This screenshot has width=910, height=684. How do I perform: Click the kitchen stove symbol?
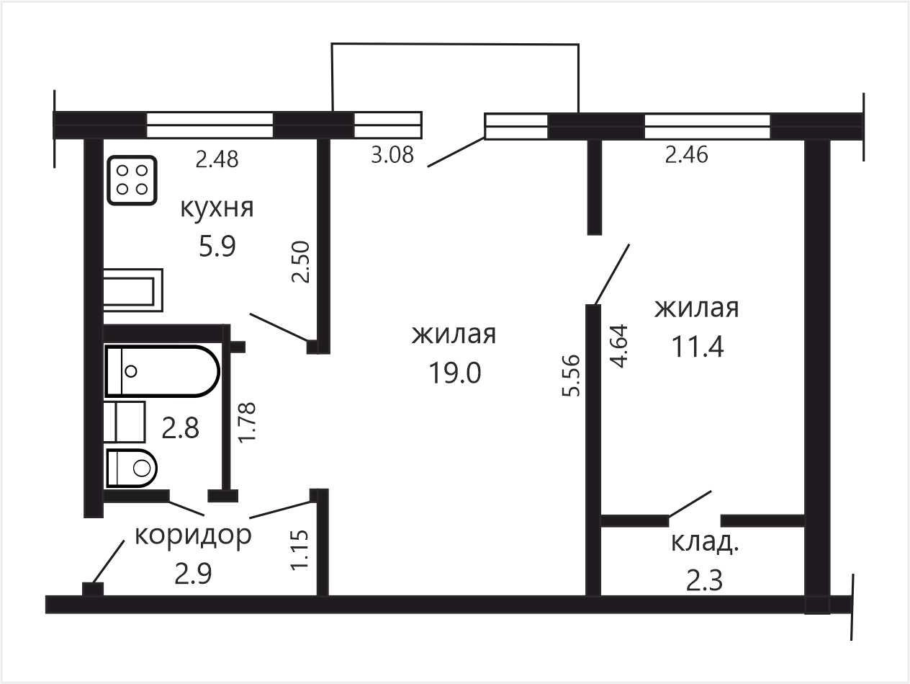point(132,180)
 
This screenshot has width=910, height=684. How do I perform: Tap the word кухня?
point(217,209)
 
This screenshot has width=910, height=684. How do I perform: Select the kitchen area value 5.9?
point(217,246)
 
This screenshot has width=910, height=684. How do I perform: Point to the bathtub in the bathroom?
point(163,371)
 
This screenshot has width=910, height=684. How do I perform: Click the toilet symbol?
point(132,468)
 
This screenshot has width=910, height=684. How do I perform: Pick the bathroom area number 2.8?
point(180,428)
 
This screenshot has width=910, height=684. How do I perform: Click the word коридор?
point(193,536)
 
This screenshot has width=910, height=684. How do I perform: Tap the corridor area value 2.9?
point(193,574)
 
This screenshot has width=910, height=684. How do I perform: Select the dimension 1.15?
point(299,550)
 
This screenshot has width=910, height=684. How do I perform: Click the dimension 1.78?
point(247,423)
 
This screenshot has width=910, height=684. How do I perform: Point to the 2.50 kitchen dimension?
point(300,262)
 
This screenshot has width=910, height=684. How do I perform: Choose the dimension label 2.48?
point(217,159)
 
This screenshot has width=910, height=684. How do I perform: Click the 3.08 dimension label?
point(392,155)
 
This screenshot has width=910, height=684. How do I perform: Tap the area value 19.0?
point(455,373)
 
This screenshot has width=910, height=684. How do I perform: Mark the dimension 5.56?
point(571,376)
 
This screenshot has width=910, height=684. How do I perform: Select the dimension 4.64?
point(619,346)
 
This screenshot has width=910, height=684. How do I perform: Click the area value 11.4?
point(698,347)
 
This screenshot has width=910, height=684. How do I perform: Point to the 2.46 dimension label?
point(687,155)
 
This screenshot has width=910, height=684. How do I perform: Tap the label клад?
point(705,543)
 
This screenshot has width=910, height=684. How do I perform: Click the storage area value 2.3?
point(705,581)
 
